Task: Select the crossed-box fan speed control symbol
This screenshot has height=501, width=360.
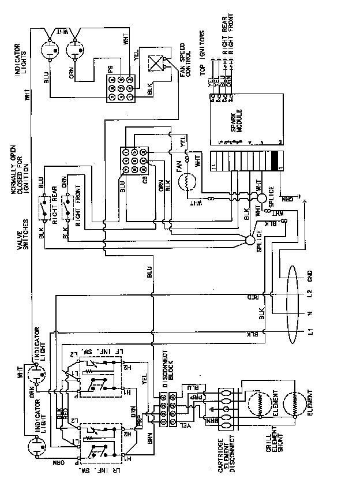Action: tap(156, 63)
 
